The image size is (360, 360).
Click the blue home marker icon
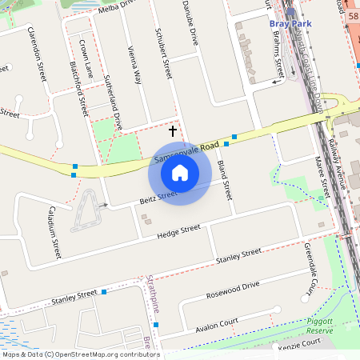click(x=180, y=172)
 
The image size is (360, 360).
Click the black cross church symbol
click(x=173, y=129)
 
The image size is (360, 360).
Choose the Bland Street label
click(x=224, y=180)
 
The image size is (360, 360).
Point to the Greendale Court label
click(x=312, y=277)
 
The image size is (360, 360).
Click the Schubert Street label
click(x=162, y=55)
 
